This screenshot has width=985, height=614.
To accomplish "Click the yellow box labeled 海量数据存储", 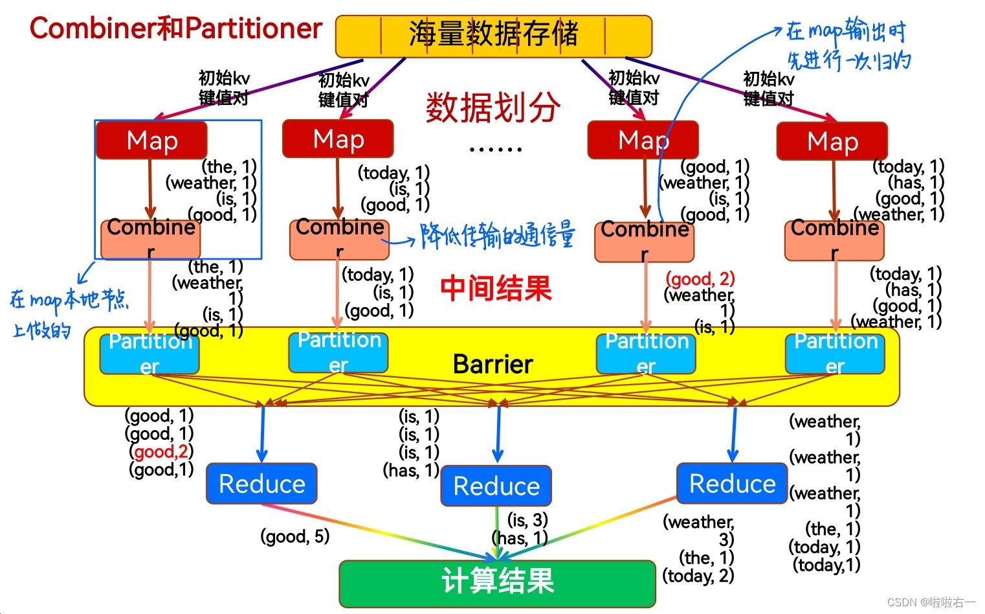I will [493, 36].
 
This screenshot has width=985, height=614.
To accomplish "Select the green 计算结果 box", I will [497, 582].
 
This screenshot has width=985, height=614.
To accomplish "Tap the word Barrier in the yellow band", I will [492, 365].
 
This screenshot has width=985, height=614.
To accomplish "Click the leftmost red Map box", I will [151, 141].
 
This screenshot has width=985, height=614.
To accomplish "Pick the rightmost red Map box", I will [832, 141].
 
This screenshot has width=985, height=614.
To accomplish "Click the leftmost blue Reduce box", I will [261, 484].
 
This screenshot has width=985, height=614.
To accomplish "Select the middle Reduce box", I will [496, 486].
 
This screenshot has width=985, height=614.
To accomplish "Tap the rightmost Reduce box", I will [732, 483].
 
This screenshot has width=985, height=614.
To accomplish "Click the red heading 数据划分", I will [492, 108].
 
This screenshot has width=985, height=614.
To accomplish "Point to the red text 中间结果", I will [496, 289].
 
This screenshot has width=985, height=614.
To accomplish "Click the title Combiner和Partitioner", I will [175, 28].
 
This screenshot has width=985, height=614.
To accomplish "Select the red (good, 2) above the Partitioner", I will [700, 279].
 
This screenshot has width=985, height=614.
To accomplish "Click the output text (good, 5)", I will [295, 536].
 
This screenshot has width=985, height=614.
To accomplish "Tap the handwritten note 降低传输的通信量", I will [496, 236].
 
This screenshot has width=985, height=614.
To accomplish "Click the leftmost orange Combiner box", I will [151, 238].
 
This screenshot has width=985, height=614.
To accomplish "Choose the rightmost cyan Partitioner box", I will [835, 354].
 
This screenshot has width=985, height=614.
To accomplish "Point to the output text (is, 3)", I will [527, 520].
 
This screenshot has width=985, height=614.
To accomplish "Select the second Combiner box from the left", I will [339, 238].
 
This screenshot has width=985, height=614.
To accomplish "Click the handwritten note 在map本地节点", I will [69, 300].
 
